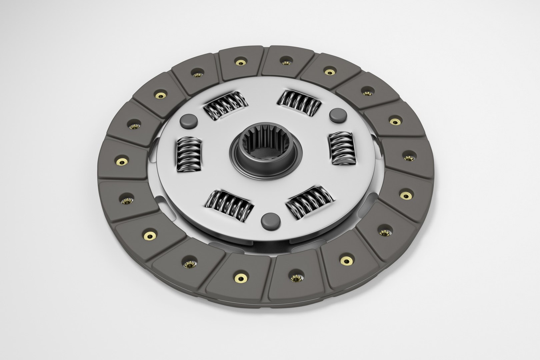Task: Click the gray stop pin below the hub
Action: click(x=270, y=221)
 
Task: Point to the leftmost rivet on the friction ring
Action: click(x=122, y=162)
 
